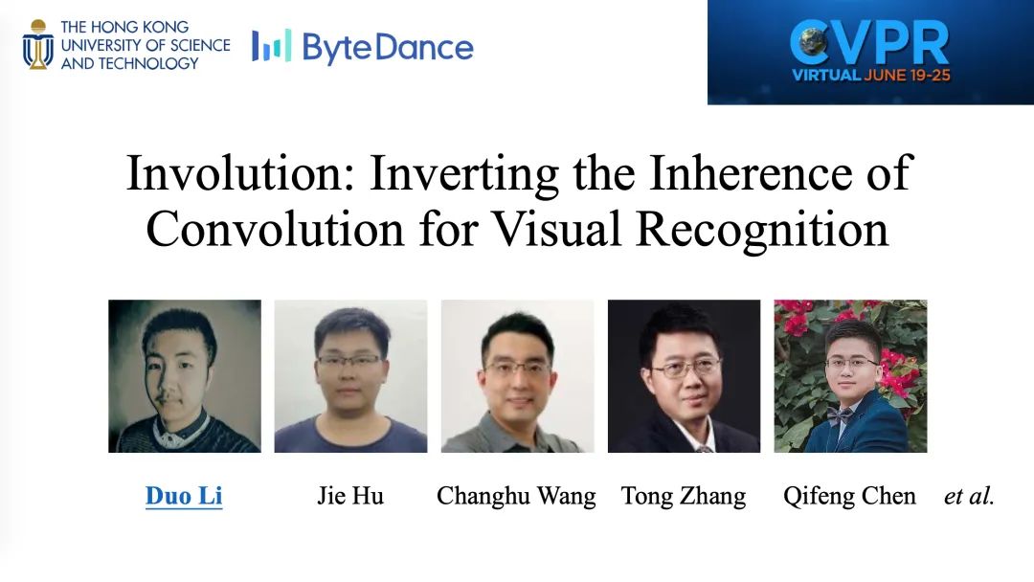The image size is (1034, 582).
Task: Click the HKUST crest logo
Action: click(x=38, y=45)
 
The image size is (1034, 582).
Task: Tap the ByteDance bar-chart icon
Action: click(x=271, y=46)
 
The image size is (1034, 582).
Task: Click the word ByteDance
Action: click(x=388, y=48)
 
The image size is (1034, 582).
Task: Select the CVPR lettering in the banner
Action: click(x=869, y=43)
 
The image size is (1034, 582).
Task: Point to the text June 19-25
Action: click(x=907, y=75)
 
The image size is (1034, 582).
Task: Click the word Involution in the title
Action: click(x=240, y=172)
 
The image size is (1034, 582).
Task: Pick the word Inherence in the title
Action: click(x=751, y=172)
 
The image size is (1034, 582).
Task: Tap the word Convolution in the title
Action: click(x=275, y=229)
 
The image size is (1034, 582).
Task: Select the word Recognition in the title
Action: click(x=762, y=231)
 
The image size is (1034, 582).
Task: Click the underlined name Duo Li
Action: click(x=184, y=496)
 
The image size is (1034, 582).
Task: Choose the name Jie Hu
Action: click(x=350, y=496)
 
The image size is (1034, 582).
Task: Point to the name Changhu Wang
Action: click(x=516, y=497)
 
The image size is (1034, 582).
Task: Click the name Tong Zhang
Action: click(x=684, y=497)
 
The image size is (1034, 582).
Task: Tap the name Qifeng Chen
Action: click(x=849, y=497)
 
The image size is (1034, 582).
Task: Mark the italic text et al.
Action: click(x=969, y=496)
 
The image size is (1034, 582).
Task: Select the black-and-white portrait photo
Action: click(x=185, y=376)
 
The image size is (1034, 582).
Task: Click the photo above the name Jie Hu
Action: click(x=350, y=376)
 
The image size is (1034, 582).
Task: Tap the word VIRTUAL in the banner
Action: click(x=826, y=75)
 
